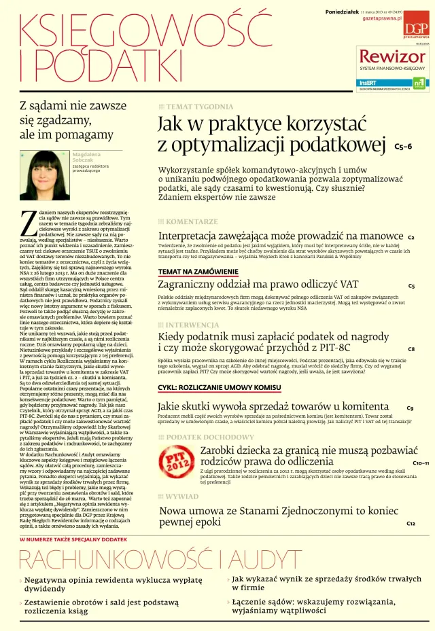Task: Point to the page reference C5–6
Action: coord(403,146)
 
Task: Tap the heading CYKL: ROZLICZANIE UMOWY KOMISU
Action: coord(219,387)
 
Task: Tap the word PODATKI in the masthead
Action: coord(95,65)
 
